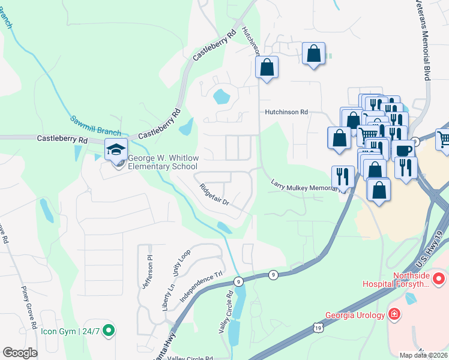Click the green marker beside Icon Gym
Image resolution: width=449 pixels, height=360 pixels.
tap(108, 329)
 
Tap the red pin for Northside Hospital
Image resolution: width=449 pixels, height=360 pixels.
tap(439, 279)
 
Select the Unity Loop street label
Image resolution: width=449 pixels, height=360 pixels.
tap(182, 262)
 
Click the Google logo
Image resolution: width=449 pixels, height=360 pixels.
tap(20, 353)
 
